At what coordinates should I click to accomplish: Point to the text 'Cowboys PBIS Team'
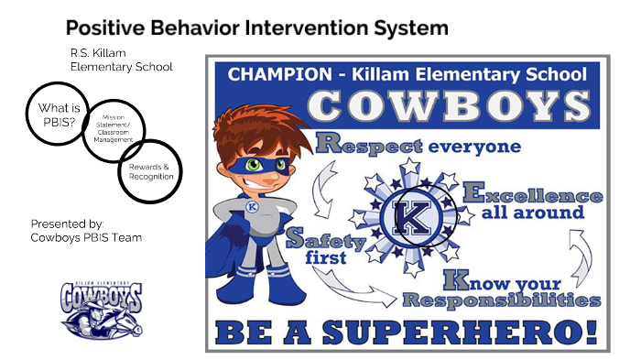click(x=86, y=238)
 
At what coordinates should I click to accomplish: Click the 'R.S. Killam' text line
click(x=95, y=52)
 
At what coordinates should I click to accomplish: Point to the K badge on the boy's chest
click(x=251, y=207)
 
